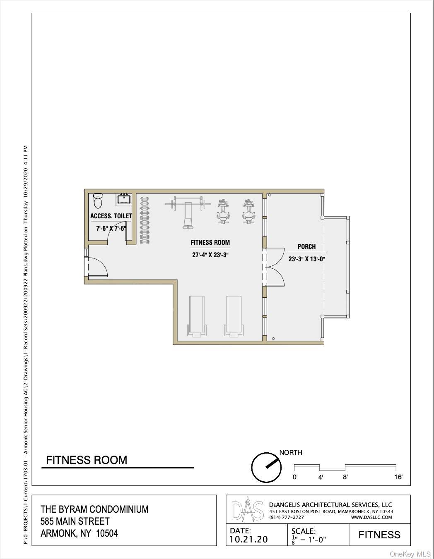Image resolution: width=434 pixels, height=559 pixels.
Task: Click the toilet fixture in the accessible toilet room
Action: coord(98,201)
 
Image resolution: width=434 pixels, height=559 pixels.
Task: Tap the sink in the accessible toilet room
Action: coord(124,199)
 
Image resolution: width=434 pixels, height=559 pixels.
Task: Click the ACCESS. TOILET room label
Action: coord(111,216)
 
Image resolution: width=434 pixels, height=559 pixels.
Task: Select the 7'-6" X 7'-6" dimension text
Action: coord(111,228)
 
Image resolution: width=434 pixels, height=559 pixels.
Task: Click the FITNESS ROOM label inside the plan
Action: coord(210,243)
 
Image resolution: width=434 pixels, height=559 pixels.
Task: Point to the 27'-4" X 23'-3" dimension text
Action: coord(210,255)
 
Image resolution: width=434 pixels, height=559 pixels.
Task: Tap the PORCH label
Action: coord(306,246)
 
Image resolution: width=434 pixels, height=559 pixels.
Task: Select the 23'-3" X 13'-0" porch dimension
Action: coord(306,259)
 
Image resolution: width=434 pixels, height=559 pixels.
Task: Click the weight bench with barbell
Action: coord(188,211)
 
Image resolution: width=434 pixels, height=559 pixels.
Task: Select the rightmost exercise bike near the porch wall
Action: coord(248,211)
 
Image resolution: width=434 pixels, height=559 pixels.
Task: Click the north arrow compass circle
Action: coord(266,467)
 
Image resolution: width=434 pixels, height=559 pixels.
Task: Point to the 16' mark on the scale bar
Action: coord(398,477)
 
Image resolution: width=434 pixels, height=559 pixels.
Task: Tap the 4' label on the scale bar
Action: coord(320,477)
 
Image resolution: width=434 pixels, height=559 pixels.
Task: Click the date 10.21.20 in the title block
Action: coord(248,539)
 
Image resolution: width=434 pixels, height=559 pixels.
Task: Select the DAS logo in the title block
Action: coord(247,512)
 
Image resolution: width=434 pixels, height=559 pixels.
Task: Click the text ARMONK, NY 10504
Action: coord(79,533)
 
